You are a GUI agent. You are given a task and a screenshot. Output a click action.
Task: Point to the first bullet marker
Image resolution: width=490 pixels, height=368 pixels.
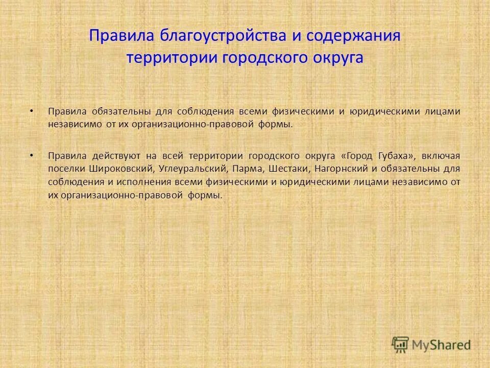(x=32, y=111)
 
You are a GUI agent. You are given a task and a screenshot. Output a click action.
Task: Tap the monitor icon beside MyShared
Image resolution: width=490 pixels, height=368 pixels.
(x=401, y=344)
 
